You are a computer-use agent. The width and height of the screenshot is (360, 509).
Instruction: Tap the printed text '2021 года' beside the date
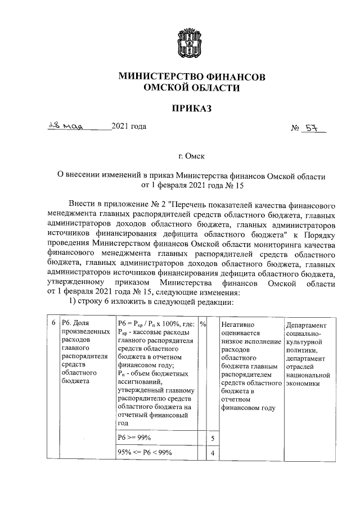129,126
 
